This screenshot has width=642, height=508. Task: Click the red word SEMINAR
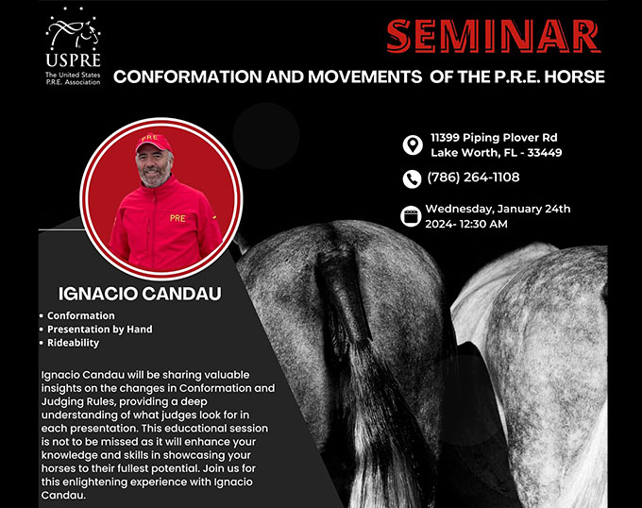[x=494, y=36]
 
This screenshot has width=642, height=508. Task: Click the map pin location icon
[x=413, y=144]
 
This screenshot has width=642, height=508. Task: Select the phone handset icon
[x=412, y=178]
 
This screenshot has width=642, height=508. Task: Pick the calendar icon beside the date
[x=411, y=216]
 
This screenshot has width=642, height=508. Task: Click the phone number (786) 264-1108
[x=473, y=178]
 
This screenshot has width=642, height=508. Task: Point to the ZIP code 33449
[x=545, y=153]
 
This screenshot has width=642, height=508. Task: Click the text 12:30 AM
[x=481, y=224]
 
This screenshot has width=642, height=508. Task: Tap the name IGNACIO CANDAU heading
[x=140, y=294]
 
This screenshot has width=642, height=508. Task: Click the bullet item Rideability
[x=74, y=343]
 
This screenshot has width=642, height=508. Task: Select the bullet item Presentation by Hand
[x=100, y=330]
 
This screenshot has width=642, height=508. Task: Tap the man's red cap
[x=153, y=142]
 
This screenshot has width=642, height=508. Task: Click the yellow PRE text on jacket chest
[x=177, y=218]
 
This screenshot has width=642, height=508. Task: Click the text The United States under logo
[x=73, y=75]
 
